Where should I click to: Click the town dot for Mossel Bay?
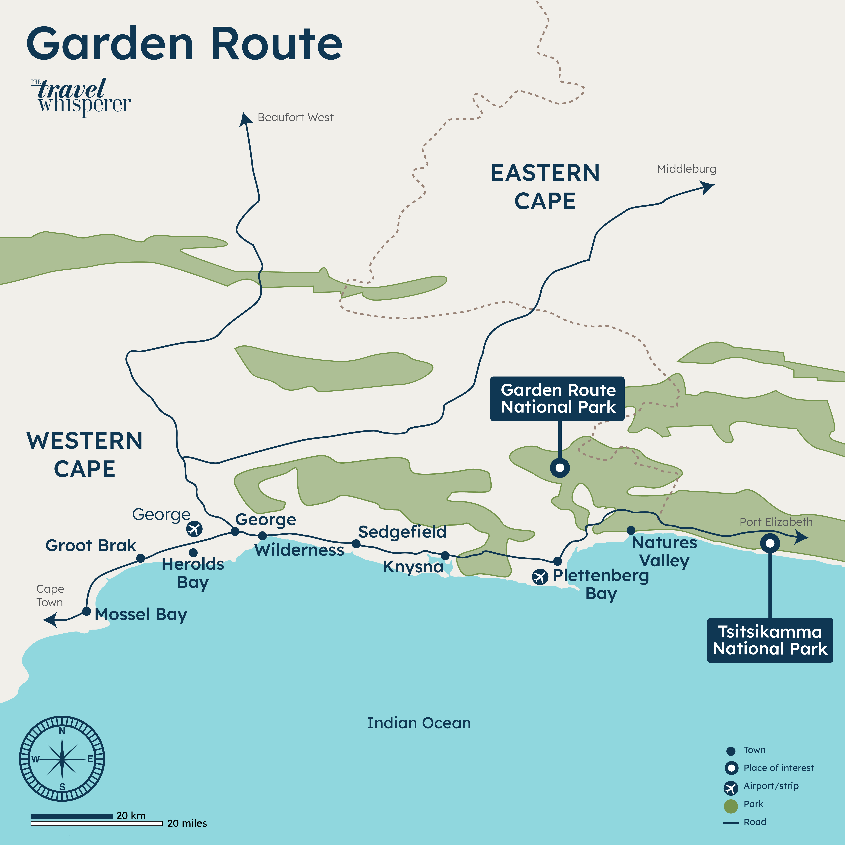click(87, 611)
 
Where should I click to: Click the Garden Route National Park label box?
click(557, 398)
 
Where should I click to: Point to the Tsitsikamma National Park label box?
click(770, 640)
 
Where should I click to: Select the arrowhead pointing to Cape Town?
click(50, 620)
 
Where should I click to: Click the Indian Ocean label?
click(419, 723)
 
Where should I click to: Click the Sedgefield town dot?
click(356, 544)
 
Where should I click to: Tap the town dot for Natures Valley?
click(631, 530)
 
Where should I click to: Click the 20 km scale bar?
click(72, 816)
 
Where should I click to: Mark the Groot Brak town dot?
click(140, 558)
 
